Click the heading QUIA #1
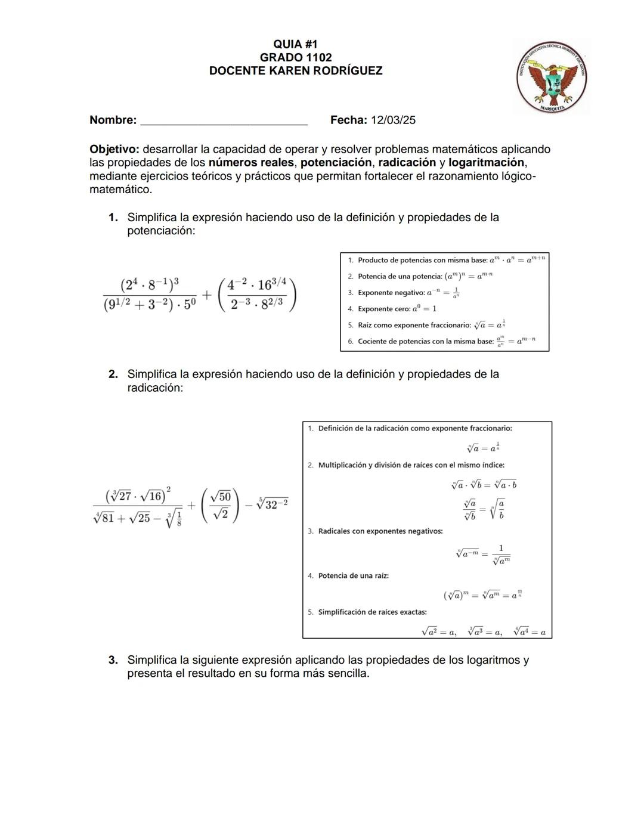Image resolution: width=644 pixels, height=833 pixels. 295,44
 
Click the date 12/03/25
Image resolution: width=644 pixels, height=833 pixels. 393,120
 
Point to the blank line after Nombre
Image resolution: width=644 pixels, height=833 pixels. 223,121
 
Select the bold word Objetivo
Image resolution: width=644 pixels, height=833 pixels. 114,149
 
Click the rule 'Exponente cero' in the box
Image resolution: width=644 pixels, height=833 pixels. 397,309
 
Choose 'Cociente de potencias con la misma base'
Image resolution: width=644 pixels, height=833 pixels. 426,342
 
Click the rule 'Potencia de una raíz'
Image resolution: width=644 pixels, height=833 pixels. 353,576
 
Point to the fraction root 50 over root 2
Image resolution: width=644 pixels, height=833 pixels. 221,505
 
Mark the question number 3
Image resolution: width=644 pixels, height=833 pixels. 113,660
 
